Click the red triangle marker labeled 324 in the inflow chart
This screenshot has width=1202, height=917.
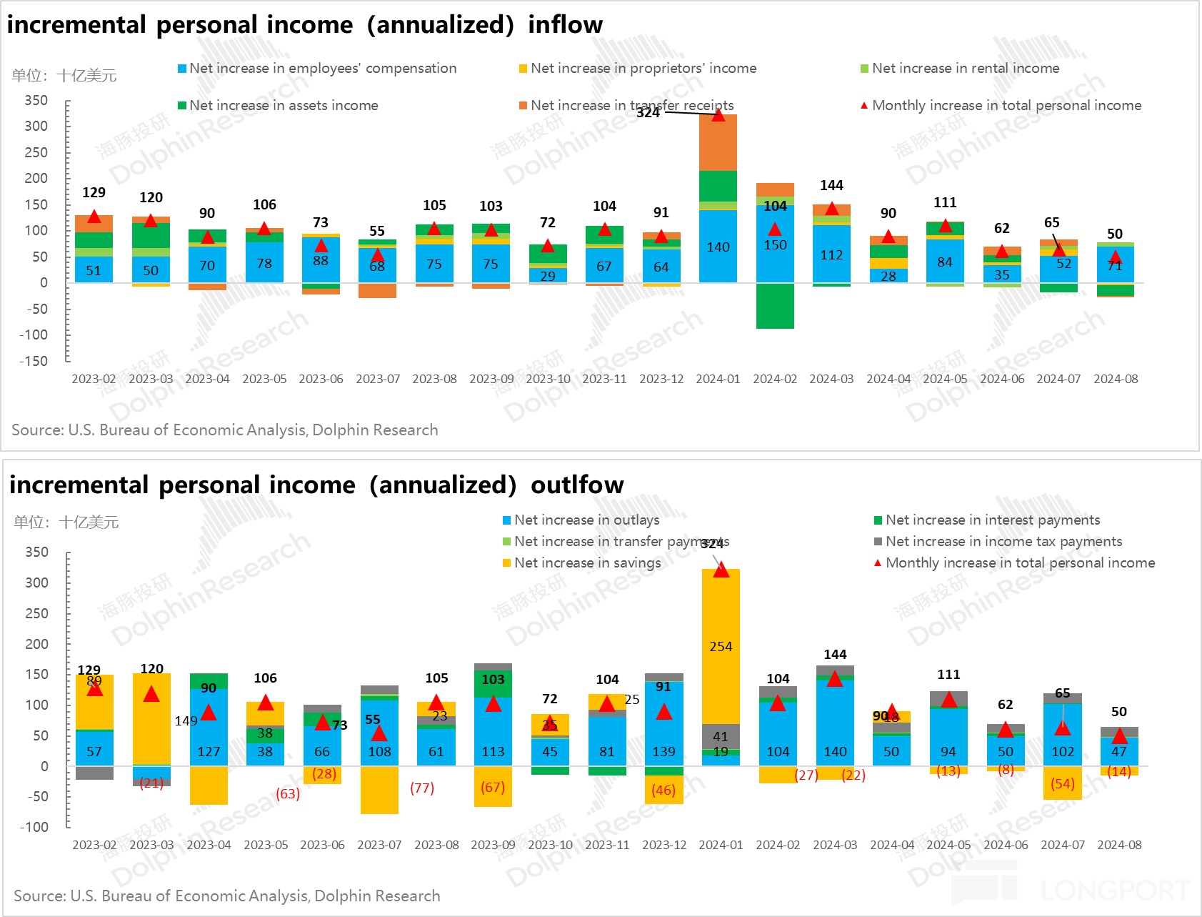click(x=718, y=115)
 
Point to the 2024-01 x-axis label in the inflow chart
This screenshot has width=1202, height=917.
click(x=718, y=379)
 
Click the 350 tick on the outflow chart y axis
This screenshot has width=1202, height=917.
click(x=37, y=552)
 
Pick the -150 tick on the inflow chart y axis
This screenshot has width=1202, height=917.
click(x=34, y=361)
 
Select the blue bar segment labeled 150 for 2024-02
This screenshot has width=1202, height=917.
click(x=775, y=244)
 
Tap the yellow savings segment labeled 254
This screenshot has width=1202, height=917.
click(x=721, y=646)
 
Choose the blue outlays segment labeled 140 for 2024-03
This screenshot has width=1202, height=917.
click(x=835, y=722)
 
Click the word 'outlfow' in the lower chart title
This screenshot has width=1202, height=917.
click(x=577, y=485)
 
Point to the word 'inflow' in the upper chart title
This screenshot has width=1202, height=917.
click(x=565, y=24)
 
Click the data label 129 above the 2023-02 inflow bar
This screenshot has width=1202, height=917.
click(x=94, y=192)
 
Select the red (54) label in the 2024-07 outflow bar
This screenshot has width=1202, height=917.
click(x=1063, y=783)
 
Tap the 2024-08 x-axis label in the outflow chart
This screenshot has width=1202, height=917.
click(x=1119, y=845)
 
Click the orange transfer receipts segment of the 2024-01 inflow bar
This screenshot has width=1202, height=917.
click(x=718, y=143)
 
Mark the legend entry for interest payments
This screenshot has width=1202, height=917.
click(x=992, y=520)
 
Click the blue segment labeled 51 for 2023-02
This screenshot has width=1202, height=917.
click(x=94, y=270)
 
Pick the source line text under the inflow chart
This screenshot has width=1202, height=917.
click(x=225, y=430)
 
